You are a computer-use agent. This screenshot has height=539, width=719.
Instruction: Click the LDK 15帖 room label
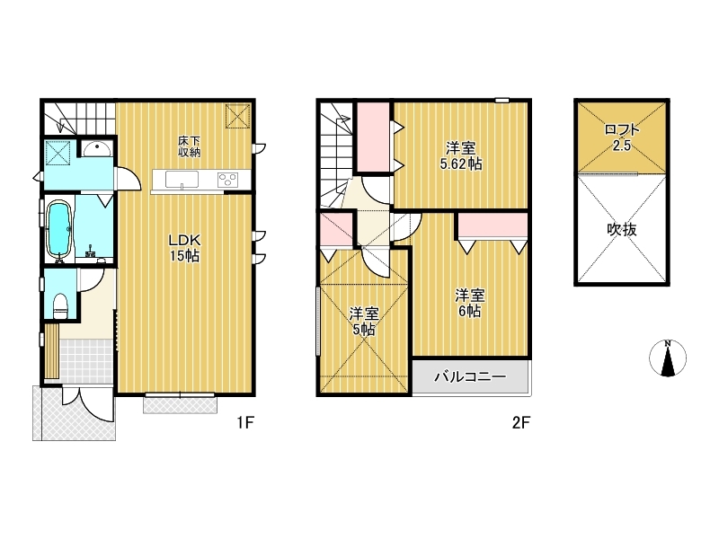pyautogui.click(x=185, y=248)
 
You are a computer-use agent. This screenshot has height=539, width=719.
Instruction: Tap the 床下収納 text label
pyautogui.click(x=189, y=146)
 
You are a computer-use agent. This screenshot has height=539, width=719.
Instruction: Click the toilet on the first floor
pyautogui.click(x=60, y=305)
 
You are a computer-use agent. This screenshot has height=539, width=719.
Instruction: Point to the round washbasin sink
pyautogui.click(x=96, y=149)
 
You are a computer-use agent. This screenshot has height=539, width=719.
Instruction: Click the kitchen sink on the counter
pyautogui.click(x=182, y=179)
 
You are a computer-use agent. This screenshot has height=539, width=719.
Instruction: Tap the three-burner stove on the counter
pyautogui.click(x=227, y=179)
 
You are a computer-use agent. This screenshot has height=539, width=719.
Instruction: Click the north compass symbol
pyautogui.click(x=668, y=358)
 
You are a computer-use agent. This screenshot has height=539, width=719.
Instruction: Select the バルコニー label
pyautogui.click(x=470, y=376)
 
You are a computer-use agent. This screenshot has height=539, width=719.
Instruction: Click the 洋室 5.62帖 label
pyautogui.click(x=461, y=155)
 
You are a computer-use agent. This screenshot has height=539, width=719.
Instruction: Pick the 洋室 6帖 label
pyautogui.click(x=470, y=303)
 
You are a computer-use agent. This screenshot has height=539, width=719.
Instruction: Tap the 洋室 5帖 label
pyautogui.click(x=364, y=322)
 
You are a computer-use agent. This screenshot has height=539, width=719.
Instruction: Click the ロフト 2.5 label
pyautogui.click(x=622, y=137)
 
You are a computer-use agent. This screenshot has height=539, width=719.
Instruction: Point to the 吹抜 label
pyautogui.click(x=622, y=229)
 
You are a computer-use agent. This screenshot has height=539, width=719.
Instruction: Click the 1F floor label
pyautogui.click(x=245, y=422)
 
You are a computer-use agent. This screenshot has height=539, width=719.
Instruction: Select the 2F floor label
pyautogui.click(x=521, y=422)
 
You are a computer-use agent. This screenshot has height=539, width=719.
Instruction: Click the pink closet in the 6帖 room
pyautogui.click(x=493, y=226)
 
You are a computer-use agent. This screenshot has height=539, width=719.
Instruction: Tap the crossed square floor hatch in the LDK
pyautogui.click(x=237, y=117)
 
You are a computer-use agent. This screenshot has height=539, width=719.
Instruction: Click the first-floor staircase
pyautogui.click(x=79, y=118)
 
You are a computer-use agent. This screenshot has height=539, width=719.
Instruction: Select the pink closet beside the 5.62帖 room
pyautogui.click(x=373, y=137)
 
